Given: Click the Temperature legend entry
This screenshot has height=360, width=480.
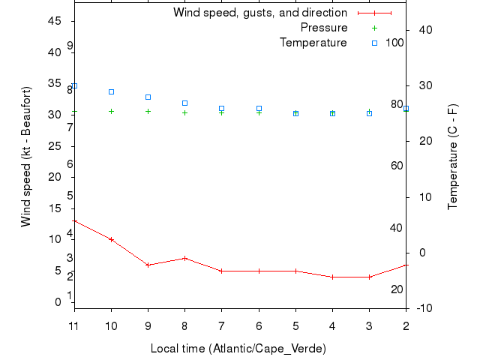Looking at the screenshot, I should pyautogui.click(x=313, y=43).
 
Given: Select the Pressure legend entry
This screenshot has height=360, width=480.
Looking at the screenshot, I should pyautogui.click(x=324, y=28).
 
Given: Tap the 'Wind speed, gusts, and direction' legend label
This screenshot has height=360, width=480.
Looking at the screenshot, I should pyautogui.click(x=260, y=13).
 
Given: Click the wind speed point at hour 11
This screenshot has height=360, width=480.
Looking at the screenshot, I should pyautogui.click(x=74, y=221).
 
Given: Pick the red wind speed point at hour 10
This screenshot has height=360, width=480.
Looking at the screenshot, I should pyautogui.click(x=111, y=239).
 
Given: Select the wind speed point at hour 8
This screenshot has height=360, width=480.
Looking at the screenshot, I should pyautogui.click(x=184, y=258).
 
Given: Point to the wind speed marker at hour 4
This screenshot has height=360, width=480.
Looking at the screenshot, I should pyautogui.click(x=332, y=277).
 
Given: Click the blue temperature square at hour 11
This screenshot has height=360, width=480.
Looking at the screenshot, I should pyautogui.click(x=74, y=86).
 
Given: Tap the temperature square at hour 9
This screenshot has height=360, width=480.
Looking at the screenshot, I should pyautogui.click(x=148, y=97).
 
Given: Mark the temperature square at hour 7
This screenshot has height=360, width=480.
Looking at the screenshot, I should pyautogui.click(x=221, y=109).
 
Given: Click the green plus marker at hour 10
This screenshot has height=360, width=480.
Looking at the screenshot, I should pyautogui.click(x=111, y=111).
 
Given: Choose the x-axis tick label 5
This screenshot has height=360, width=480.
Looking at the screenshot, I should pyautogui.click(x=295, y=326).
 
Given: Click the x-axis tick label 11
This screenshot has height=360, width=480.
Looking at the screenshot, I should pyautogui.click(x=74, y=326).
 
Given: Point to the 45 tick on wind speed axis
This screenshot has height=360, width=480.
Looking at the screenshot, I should pyautogui.click(x=55, y=21).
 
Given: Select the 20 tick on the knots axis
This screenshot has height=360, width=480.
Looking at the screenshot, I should pyautogui.click(x=55, y=177).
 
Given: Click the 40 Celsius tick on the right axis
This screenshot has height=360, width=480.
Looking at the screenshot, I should pyautogui.click(x=422, y=30).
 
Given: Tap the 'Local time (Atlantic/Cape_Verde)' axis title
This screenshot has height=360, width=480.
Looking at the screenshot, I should pyautogui.click(x=238, y=349).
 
